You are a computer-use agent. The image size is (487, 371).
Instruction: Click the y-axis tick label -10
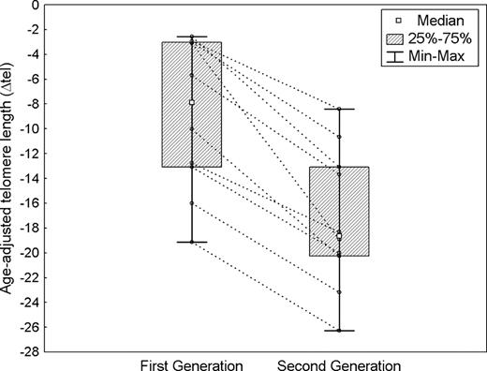tap(29, 128)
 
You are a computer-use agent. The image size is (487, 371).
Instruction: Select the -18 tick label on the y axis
tap(29, 228)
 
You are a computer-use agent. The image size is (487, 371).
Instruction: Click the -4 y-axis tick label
tap(31, 54)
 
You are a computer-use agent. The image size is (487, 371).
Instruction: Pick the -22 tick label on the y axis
tap(29, 277)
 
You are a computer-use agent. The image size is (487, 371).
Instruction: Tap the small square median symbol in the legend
tap(398, 18)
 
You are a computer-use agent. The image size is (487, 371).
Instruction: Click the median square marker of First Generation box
tap(191, 103)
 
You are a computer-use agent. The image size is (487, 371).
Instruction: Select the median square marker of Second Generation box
tap(339, 236)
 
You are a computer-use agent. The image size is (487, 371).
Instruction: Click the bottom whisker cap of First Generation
tap(191, 242)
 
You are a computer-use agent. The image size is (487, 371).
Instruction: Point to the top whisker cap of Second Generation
tap(339, 109)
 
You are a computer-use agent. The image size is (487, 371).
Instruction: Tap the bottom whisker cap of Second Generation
tap(339, 331)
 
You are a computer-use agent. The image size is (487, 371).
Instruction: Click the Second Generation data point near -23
tap(339, 292)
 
